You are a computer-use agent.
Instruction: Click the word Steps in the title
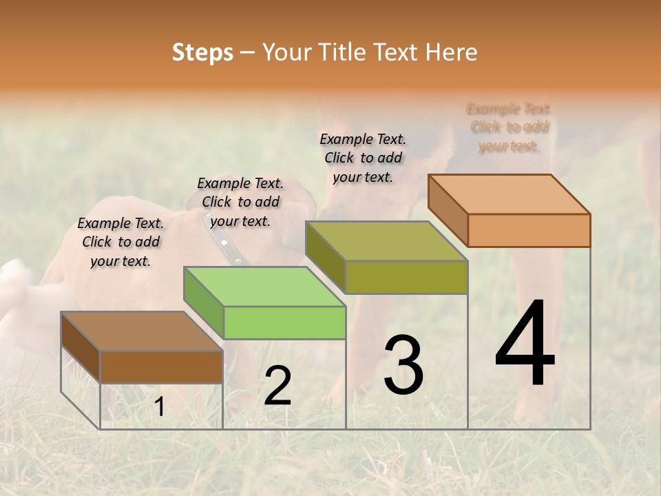pyautogui.click(x=202, y=52)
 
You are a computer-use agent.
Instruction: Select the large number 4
pyautogui.click(x=525, y=344)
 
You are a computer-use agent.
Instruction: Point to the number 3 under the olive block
pyautogui.click(x=403, y=365)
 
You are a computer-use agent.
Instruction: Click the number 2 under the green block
pyautogui.click(x=277, y=386)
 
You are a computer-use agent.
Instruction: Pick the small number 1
pyautogui.click(x=159, y=407)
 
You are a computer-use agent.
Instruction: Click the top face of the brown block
pyautogui.click(x=141, y=331)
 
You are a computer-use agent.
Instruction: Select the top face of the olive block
pyautogui.click(x=386, y=241)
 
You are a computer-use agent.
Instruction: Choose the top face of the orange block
pyautogui.click(x=509, y=194)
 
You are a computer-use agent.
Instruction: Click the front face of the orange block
pyautogui.click(x=529, y=230)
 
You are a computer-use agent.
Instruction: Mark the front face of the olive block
pyautogui.click(x=406, y=277)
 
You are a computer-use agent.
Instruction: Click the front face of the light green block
pyautogui.click(x=284, y=322)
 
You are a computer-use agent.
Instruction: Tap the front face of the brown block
pyautogui.click(x=161, y=367)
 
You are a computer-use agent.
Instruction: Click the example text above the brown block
pyautogui.click(x=120, y=242)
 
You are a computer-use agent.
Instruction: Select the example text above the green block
pyautogui.click(x=240, y=202)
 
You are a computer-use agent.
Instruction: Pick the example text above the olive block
pyautogui.click(x=363, y=158)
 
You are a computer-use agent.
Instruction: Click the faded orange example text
pyautogui.click(x=509, y=127)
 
